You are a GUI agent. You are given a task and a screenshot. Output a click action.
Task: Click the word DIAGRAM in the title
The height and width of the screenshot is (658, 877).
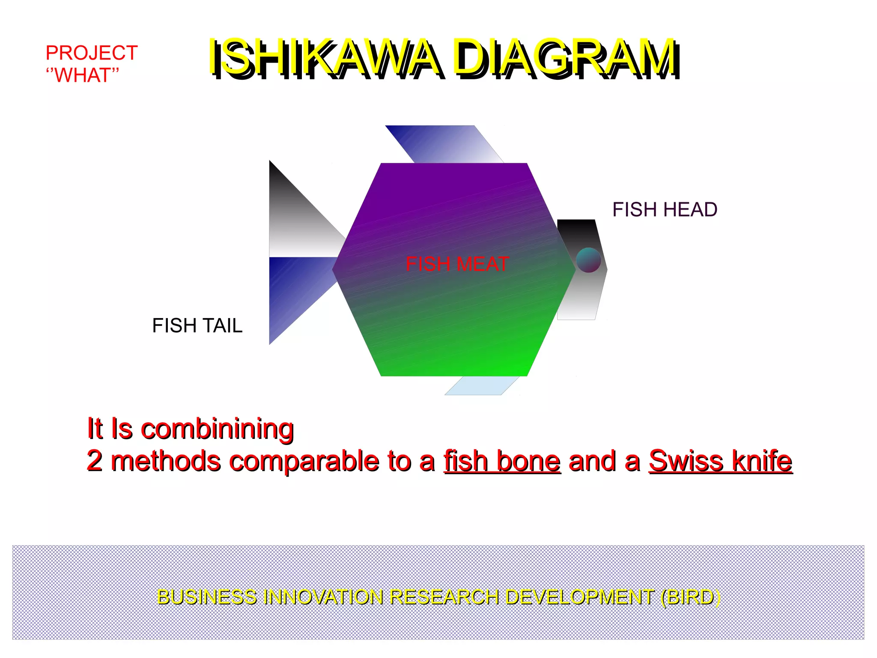coord(565,58)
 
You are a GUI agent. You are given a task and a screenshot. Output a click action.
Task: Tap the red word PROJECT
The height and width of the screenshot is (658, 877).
coord(92,53)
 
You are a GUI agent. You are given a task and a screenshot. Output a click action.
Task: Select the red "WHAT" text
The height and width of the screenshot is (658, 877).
coord(82,75)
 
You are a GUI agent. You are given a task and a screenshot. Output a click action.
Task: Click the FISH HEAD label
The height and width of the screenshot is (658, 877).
coord(665,210)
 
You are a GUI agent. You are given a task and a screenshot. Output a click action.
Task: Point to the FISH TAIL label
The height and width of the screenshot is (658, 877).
coord(197,326)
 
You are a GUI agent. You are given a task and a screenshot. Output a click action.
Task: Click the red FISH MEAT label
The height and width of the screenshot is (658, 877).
coord(457,264)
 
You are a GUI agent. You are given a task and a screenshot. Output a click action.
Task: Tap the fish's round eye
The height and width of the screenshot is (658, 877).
coord(588,260)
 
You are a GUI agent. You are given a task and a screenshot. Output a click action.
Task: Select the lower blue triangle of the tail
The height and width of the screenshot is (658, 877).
coord(291,287)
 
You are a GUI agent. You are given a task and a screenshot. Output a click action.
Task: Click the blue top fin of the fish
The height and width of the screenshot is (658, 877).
coord(445,144)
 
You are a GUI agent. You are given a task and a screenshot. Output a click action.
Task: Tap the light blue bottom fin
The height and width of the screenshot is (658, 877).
coord(482,385)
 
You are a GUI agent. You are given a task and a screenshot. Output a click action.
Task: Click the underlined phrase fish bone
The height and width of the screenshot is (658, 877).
coord(502,461)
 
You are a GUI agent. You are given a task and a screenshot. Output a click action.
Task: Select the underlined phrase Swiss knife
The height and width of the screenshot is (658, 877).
coord(720,461)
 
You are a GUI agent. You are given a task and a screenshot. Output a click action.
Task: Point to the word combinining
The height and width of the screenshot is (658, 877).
coord(217,429)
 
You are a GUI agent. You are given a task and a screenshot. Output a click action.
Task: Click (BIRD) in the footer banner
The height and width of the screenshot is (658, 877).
coord(690,597)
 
